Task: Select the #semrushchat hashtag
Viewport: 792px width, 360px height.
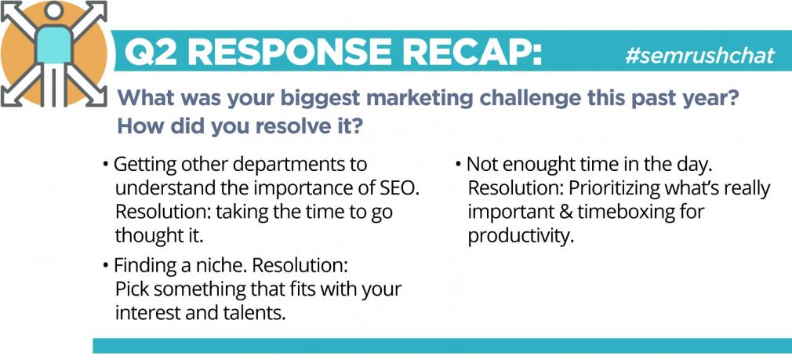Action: click(699, 55)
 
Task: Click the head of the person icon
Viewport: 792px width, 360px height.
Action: click(53, 11)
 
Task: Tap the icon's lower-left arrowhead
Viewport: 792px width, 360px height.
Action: click(10, 96)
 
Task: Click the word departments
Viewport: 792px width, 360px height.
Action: click(286, 165)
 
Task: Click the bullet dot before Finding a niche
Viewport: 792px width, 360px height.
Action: click(106, 266)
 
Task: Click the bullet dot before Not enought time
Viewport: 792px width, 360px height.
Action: click(458, 165)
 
